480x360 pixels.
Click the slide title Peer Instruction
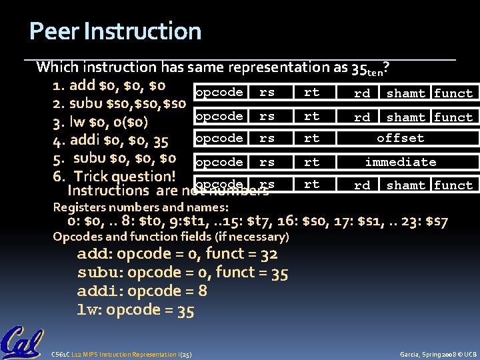(115, 31)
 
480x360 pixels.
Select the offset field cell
(400, 139)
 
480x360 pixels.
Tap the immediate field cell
(400, 162)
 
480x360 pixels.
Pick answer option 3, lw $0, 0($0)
(101, 123)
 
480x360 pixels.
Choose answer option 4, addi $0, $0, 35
(111, 141)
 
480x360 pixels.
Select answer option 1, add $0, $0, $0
(109, 85)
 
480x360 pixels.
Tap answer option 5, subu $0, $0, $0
(115, 159)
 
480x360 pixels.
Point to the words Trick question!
(124, 177)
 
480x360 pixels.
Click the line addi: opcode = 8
(142, 291)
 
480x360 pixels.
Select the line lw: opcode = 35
(136, 309)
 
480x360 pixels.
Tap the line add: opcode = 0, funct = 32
(177, 253)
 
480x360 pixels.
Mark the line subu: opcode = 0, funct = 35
(183, 272)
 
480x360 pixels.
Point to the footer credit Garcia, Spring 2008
(437, 354)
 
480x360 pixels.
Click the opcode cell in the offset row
(219, 139)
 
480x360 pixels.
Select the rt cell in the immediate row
(311, 162)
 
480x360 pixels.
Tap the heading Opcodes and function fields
(171, 237)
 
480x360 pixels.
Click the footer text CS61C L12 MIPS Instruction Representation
(121, 354)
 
